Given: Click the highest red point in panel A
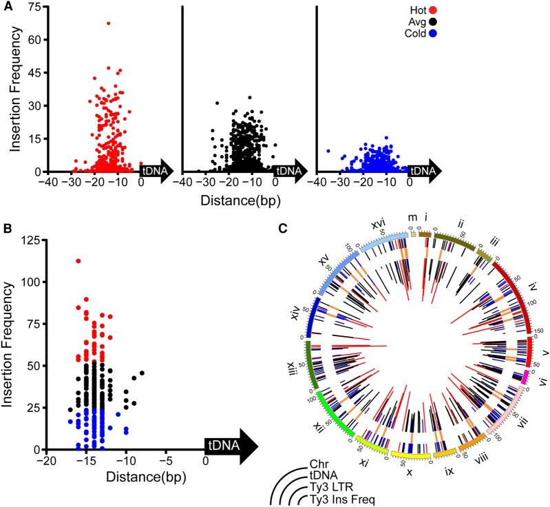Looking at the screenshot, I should tap(108, 23).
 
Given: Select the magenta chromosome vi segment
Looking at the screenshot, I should tap(525, 376).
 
